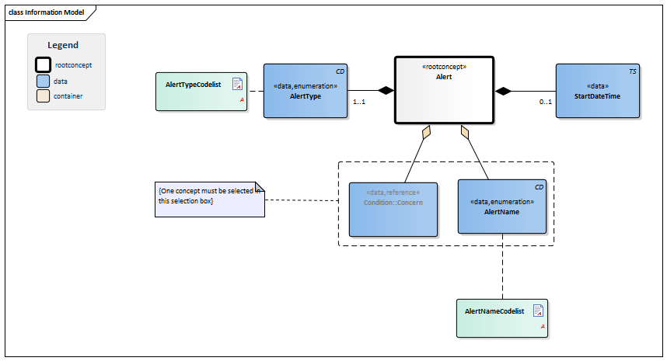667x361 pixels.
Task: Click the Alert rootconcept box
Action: (444, 90)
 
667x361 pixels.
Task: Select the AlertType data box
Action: (306, 91)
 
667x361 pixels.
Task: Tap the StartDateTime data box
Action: (598, 91)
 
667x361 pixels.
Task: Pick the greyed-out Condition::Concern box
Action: (393, 210)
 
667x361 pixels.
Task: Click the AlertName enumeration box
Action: (502, 207)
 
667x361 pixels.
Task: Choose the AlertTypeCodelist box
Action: (201, 92)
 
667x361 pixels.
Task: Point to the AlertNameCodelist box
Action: (502, 318)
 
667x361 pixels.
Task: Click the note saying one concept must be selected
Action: (210, 200)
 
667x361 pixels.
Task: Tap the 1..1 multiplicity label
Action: (359, 102)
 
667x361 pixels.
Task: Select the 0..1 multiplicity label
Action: (546, 102)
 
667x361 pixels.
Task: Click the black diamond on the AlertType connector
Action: (386, 91)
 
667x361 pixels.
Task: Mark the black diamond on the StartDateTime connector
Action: (503, 91)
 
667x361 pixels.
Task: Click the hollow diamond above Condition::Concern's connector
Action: (426, 132)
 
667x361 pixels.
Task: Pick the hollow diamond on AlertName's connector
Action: (465, 132)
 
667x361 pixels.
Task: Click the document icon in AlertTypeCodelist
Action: (237, 84)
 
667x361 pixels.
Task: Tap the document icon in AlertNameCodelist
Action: (538, 311)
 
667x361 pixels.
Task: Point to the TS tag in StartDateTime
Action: (633, 71)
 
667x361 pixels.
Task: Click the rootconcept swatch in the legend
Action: (43, 65)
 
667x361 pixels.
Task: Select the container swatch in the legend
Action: (43, 96)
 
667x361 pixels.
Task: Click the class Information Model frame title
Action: (47, 12)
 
